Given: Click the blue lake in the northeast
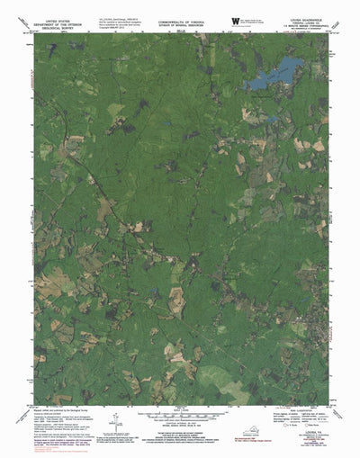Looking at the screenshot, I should (274, 72).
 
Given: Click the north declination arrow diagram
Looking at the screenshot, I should (117, 422).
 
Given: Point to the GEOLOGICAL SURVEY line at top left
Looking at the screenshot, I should (55, 26).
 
